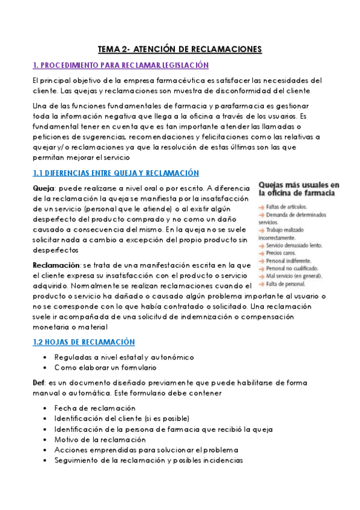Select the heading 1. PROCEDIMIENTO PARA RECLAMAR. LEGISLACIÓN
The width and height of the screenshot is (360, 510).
tap(121, 65)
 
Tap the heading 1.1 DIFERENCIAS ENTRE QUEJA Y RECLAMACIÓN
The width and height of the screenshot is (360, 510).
tap(115, 173)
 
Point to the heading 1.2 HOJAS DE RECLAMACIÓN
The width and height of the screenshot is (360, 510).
tap(84, 342)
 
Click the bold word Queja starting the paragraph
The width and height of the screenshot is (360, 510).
tap(44, 188)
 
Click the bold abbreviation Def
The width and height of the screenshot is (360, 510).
tap(40, 382)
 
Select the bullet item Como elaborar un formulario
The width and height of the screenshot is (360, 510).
tap(105, 367)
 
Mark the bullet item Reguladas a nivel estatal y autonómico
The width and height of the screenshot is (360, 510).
tap(120, 357)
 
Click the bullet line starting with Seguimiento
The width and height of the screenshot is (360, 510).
tap(148, 460)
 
